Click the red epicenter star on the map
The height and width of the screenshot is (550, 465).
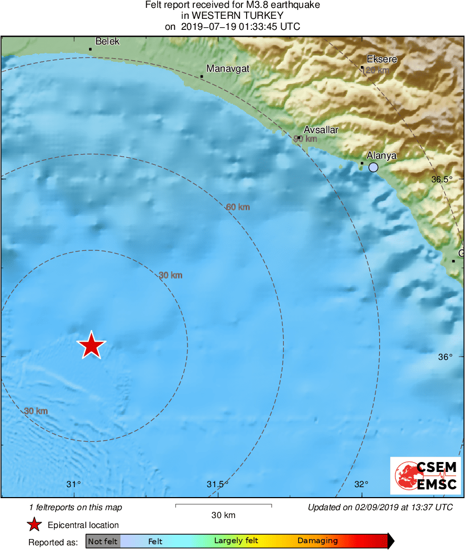pyautogui.click(x=92, y=346)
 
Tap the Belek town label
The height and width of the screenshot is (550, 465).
pyautogui.click(x=107, y=41)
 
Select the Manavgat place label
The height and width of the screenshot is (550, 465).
pyautogui.click(x=228, y=69)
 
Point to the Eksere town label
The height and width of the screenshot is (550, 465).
pyautogui.click(x=382, y=59)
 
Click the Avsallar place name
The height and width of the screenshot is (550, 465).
pyautogui.click(x=321, y=130)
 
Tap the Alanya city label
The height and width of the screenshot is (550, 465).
pyautogui.click(x=381, y=156)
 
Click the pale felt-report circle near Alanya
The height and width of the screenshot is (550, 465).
pyautogui.click(x=373, y=168)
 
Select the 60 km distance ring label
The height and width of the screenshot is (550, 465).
pyautogui.click(x=238, y=207)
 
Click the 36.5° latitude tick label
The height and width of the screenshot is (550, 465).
pyautogui.click(x=442, y=179)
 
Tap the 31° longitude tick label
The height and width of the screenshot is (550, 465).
pyautogui.click(x=74, y=484)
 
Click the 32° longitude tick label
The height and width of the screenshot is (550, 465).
pyautogui.click(x=362, y=484)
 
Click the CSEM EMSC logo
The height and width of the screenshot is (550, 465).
pyautogui.click(x=425, y=475)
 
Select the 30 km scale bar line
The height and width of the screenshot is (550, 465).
pyautogui.click(x=224, y=505)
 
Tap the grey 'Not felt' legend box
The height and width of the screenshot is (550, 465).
pyautogui.click(x=103, y=541)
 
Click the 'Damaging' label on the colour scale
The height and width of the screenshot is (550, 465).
pyautogui.click(x=317, y=541)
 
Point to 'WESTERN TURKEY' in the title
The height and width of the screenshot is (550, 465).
pyautogui.click(x=233, y=16)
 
